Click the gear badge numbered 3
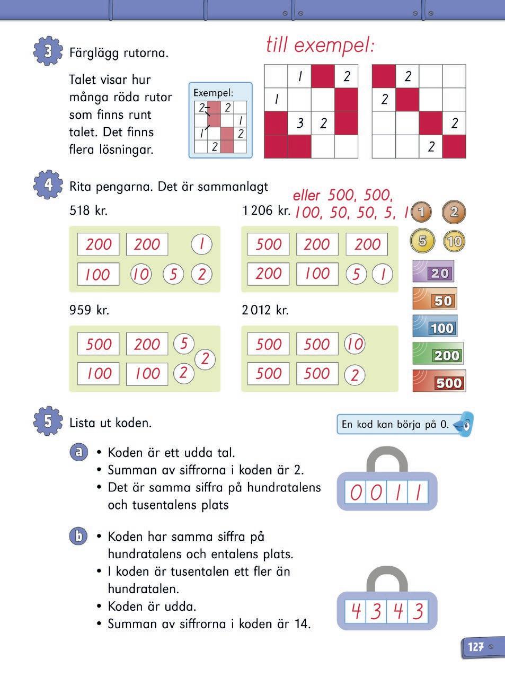pyautogui.click(x=48, y=51)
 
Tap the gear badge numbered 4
pyautogui.click(x=48, y=186)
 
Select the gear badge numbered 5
pyautogui.click(x=48, y=421)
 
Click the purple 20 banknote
pyautogui.click(x=433, y=272)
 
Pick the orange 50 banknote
pyautogui.click(x=435, y=300)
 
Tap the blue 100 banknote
pyautogui.click(x=435, y=327)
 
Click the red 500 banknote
pyautogui.click(x=439, y=381)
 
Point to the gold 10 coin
pyautogui.click(x=454, y=241)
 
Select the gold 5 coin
pyautogui.click(x=422, y=241)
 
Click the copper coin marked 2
pyautogui.click(x=454, y=213)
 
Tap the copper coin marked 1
pyautogui.click(x=421, y=213)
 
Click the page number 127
pyautogui.click(x=476, y=647)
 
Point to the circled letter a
pyautogui.click(x=79, y=452)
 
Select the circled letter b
pyautogui.click(x=79, y=536)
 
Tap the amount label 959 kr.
pyautogui.click(x=89, y=310)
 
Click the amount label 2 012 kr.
pyautogui.click(x=265, y=310)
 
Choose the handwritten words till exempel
pyautogui.click(x=320, y=46)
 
